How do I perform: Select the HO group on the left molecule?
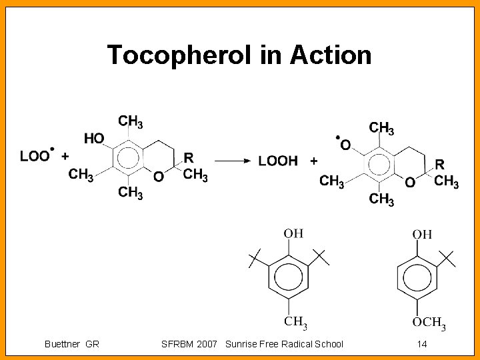pyautogui.click(x=95, y=138)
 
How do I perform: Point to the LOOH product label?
pyautogui.click(x=277, y=161)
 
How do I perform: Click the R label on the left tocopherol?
pyautogui.click(x=189, y=157)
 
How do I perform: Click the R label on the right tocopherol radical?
pyautogui.click(x=439, y=163)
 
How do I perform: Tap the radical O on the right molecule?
pyautogui.click(x=345, y=144)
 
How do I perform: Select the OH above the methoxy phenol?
pyautogui.click(x=422, y=234)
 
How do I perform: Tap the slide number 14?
pyautogui.click(x=421, y=344)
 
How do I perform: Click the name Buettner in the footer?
pyautogui.click(x=63, y=344)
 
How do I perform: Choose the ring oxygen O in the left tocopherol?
pyautogui.click(x=157, y=176)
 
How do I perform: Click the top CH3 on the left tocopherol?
pyautogui.click(x=131, y=121)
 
